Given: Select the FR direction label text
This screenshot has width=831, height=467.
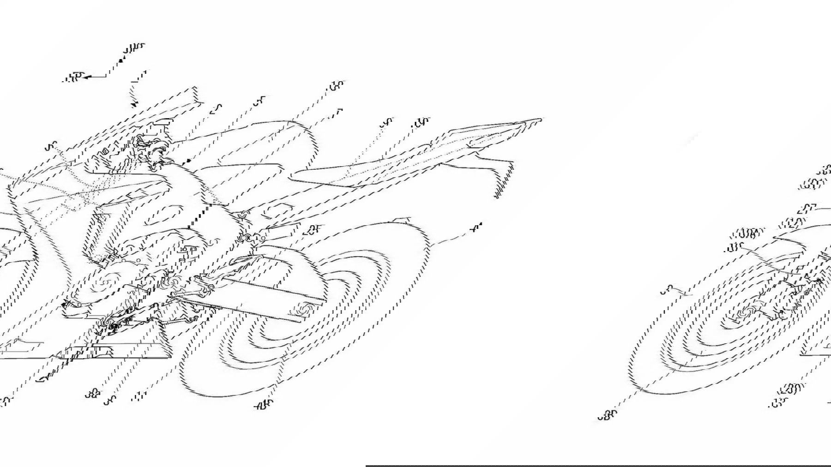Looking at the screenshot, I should point(72,78).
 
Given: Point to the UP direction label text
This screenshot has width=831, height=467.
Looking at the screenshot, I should point(134,48).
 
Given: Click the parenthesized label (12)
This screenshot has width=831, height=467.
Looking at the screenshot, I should point(792,224).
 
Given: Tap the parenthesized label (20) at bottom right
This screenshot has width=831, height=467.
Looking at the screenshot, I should point(790,390).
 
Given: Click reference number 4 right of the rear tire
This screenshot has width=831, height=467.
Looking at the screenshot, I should point(477,227).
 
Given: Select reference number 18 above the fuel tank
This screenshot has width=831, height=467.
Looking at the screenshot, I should point(337,86).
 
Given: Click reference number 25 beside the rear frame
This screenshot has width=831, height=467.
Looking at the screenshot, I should point(313,230).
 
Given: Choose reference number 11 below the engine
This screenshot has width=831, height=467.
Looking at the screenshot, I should point(137,395).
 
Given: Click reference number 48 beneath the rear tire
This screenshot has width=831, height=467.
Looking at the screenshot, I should point(264,405).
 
